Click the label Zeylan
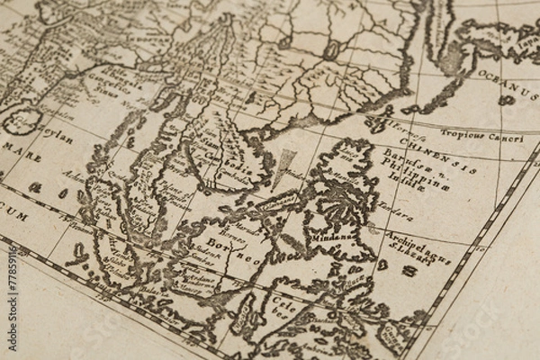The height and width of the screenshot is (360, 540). pos(56,134)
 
